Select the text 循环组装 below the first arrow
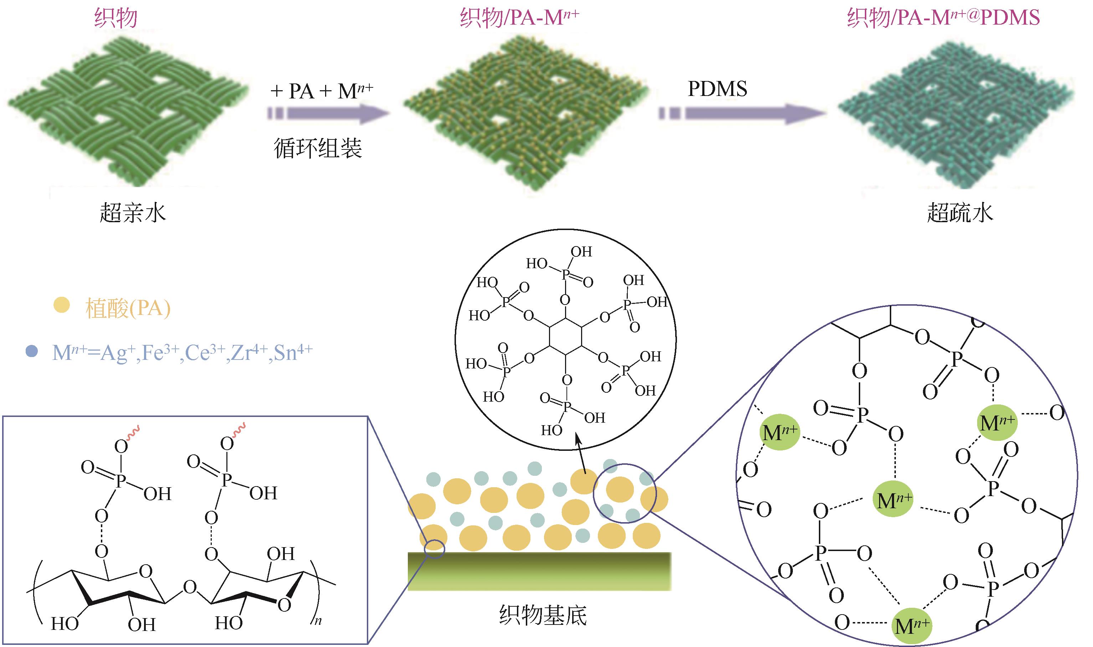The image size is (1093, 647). point(318,148)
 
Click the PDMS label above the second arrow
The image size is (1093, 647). point(717,89)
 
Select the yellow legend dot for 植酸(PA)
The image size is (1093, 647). point(61,305)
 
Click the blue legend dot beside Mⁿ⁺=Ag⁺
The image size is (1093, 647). point(31,351)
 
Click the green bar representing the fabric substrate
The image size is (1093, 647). point(539,571)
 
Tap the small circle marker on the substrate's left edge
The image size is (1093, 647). point(434,549)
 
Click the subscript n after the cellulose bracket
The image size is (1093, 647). point(318,620)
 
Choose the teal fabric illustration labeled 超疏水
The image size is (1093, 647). point(956,114)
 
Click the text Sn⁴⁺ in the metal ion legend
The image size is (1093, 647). point(293,352)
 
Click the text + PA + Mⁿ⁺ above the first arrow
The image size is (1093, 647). point(322,91)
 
